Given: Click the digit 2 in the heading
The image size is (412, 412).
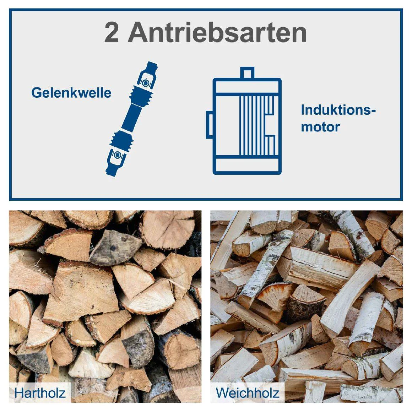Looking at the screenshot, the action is [112, 32].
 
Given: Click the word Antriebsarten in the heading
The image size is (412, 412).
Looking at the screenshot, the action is [217, 32].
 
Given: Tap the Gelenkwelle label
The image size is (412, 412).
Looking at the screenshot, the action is [71, 93].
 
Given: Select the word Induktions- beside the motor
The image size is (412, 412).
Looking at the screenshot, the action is [338, 110].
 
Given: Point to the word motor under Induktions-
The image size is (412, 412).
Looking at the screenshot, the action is [320, 127].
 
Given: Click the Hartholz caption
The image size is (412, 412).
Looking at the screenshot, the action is [40, 393].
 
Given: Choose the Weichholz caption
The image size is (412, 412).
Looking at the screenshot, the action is [248, 393].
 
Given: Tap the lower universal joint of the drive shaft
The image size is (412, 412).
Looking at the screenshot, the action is [116, 160].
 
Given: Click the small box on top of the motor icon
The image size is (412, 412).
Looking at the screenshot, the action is [247, 73].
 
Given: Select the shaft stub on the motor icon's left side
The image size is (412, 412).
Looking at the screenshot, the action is [210, 125].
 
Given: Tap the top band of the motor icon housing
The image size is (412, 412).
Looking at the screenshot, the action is [247, 86].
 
